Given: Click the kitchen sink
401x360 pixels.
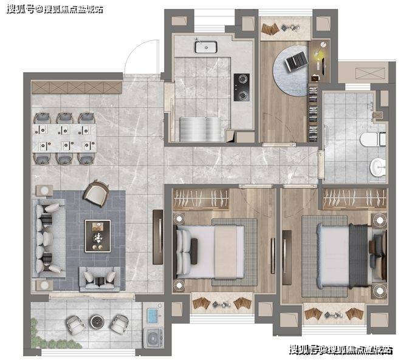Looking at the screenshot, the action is click(x=206, y=47).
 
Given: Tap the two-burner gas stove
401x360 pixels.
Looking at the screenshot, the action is click(x=242, y=87).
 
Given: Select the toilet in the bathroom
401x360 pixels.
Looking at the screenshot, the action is click(x=373, y=140).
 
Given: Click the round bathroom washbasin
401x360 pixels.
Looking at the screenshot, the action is click(x=378, y=167).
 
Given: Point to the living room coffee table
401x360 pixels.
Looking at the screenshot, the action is click(x=98, y=236).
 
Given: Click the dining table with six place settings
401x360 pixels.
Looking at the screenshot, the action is click(x=64, y=138).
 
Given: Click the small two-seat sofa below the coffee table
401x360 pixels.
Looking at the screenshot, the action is click(x=100, y=279).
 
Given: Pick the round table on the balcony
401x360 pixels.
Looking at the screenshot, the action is click(x=97, y=322).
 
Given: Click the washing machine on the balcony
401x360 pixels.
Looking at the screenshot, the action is click(x=153, y=338).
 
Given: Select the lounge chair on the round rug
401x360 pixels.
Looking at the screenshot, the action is click(x=296, y=61).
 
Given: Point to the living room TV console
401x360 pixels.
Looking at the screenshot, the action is click(x=158, y=237).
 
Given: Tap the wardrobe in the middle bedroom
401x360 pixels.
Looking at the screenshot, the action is click(x=200, y=199).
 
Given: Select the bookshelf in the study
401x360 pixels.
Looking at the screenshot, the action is click(x=314, y=114).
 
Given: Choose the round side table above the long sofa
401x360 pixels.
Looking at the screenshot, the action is click(x=45, y=191).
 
